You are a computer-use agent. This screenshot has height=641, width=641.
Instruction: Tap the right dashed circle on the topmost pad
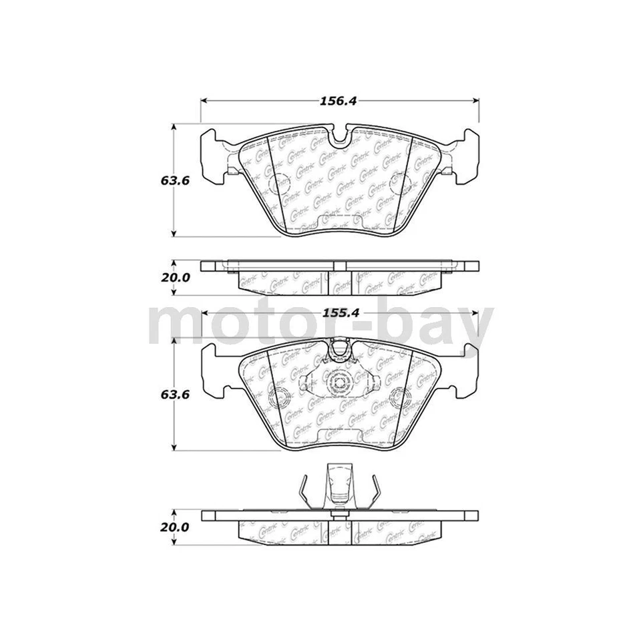(403, 182)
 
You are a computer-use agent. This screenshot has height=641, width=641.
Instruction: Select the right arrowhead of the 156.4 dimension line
(476, 101)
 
